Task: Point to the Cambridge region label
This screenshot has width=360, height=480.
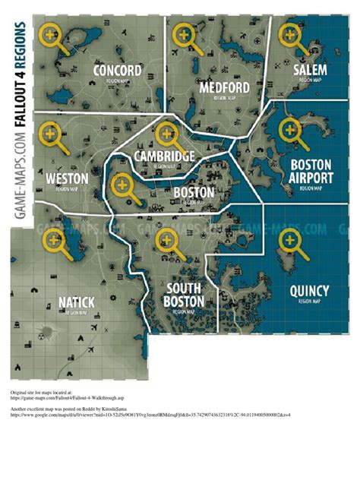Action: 163,156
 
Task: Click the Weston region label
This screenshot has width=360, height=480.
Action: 67,178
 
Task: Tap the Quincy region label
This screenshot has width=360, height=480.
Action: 309,291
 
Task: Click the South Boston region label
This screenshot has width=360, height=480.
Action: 185,295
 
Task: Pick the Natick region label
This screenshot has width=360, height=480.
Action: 76,302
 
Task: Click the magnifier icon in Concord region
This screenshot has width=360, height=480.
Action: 52,36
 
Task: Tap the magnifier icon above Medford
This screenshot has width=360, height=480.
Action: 184,35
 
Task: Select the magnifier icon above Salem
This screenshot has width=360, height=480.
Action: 289,35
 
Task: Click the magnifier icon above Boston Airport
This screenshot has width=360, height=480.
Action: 289,131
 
